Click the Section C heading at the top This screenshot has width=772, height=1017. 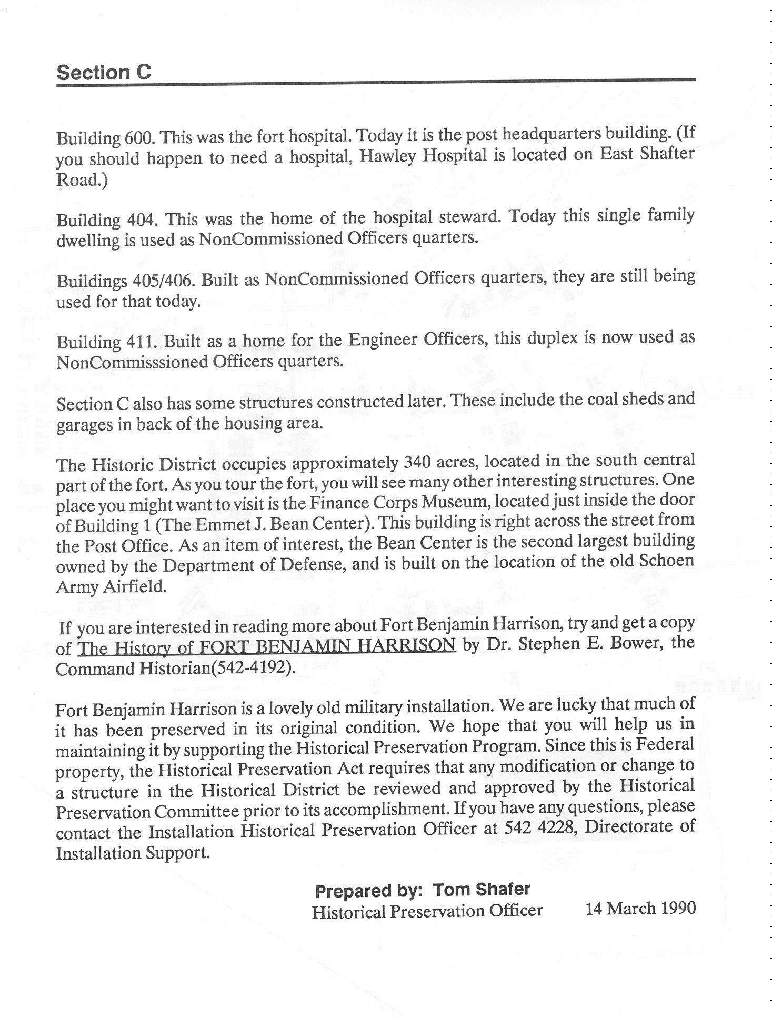104,72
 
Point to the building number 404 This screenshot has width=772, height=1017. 141,218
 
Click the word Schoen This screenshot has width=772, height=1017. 666,561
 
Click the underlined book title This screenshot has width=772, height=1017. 266,645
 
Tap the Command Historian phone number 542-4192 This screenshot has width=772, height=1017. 247,669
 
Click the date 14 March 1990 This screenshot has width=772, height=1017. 640,908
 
